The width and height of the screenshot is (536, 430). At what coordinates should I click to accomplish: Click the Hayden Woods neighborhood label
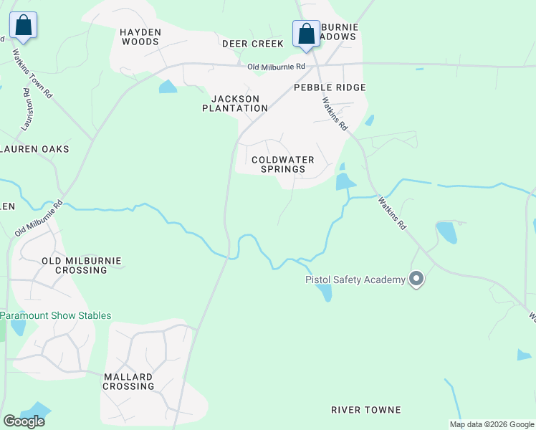coord(140,37)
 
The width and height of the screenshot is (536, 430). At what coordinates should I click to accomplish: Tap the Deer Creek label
coord(253,44)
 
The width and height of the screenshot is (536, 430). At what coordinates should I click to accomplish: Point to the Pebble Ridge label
coord(330,87)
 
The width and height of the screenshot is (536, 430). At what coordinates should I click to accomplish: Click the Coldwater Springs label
coord(278,164)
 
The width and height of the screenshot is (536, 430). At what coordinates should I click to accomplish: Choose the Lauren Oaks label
coord(36,149)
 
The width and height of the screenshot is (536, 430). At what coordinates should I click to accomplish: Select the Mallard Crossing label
coord(128,381)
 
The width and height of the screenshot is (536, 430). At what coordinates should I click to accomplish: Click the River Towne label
coord(365,410)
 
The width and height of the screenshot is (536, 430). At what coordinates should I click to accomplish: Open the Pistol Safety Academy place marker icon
coord(416,279)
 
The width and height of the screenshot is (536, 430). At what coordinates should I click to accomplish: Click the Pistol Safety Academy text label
coord(355,279)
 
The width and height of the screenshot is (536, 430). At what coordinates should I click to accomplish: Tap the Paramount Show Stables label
coord(56,315)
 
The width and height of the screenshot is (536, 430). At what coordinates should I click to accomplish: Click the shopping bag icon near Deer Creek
coord(307,33)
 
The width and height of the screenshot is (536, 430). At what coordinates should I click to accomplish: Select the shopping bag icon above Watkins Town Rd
coord(23,26)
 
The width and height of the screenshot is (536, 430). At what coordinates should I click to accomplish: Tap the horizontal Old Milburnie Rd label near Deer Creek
coord(277,67)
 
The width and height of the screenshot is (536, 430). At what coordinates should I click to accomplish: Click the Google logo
coord(24,421)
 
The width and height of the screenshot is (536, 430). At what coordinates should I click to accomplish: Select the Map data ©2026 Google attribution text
coord(492,424)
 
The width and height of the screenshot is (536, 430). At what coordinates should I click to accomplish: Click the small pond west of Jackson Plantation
coord(168,87)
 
